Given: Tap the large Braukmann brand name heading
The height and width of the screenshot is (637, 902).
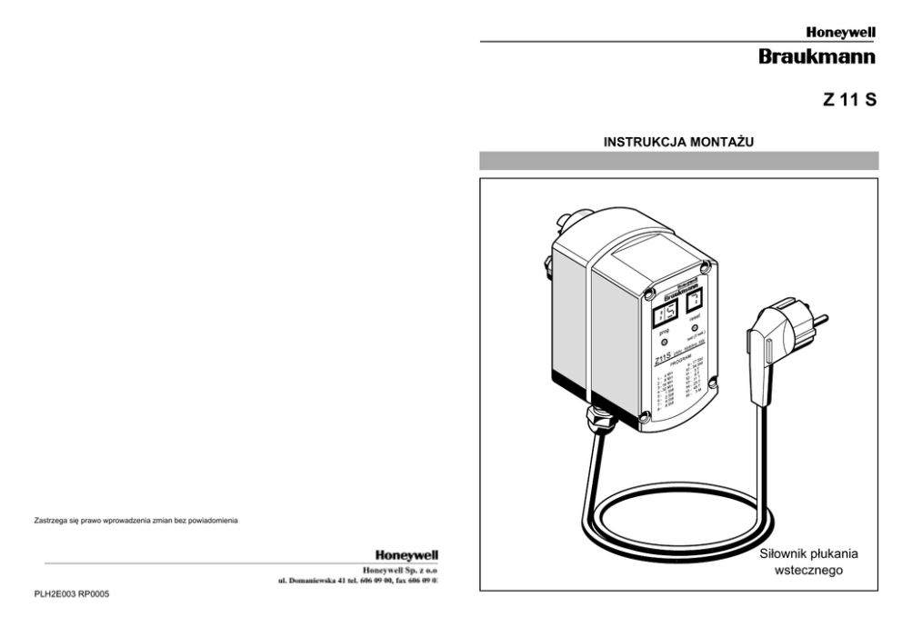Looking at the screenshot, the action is pyautogui.click(x=817, y=57).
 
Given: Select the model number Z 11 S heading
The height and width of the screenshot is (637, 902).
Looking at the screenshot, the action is pyautogui.click(x=850, y=101).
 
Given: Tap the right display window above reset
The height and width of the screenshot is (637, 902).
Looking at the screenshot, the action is pyautogui.click(x=696, y=303).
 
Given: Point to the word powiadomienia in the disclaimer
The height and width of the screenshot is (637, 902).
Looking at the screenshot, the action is pyautogui.click(x=212, y=520).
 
